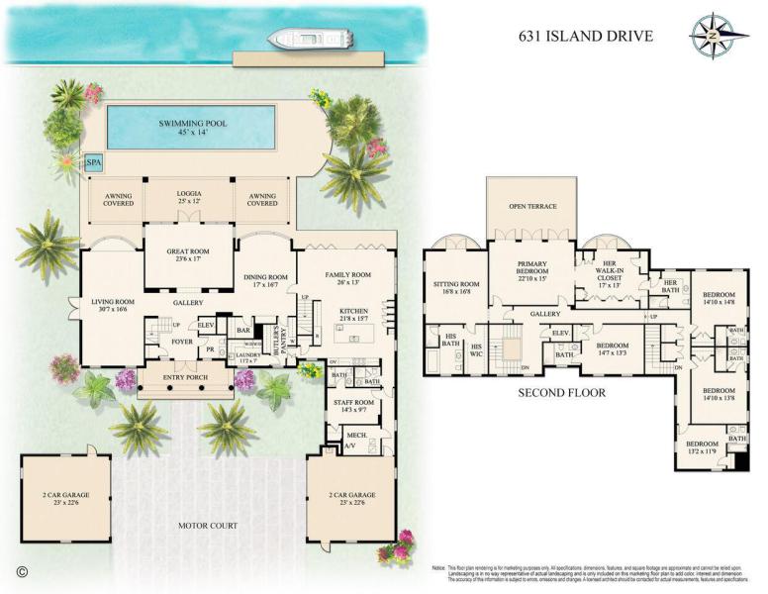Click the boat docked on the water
[x=308, y=40]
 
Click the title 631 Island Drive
[x=586, y=37]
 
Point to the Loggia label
[x=189, y=196]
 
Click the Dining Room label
[x=264, y=282]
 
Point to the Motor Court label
[x=208, y=526]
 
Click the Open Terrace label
[x=532, y=207]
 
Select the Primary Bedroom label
[x=532, y=270]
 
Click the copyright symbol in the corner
[x=22, y=571]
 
